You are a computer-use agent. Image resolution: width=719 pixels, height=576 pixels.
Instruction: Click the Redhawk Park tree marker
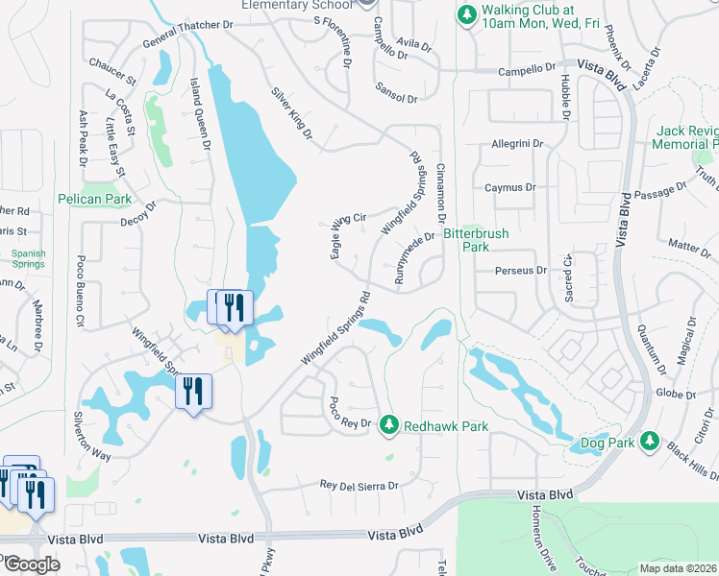(388, 423)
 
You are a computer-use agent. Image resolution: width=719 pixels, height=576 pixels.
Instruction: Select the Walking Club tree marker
(466, 15)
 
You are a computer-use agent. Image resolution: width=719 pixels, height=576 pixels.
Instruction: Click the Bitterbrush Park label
(476, 240)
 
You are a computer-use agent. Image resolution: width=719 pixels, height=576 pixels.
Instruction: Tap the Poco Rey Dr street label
(350, 415)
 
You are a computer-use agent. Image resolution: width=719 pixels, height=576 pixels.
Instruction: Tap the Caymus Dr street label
(509, 187)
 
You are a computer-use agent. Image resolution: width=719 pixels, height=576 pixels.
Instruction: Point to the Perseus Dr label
(520, 271)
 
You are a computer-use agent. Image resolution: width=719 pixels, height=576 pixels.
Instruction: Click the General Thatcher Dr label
(188, 35)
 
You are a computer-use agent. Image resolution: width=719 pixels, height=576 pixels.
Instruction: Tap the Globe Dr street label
(675, 394)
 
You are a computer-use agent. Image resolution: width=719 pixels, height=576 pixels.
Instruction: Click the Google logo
(31, 564)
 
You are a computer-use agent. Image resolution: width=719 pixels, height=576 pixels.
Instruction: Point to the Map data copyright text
(679, 568)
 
